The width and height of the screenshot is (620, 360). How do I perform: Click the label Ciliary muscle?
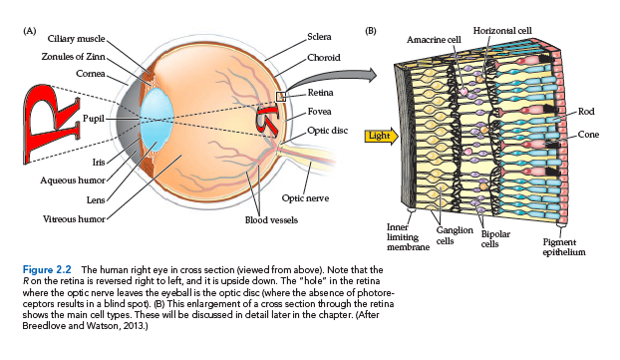77,38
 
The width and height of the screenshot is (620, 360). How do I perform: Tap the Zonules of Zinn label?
73,57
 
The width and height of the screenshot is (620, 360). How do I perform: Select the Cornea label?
91,74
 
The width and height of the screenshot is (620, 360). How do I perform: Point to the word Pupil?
94,119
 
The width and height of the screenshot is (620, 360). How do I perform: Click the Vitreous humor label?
74,218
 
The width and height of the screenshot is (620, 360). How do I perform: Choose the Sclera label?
320,37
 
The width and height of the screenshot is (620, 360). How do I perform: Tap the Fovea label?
320,112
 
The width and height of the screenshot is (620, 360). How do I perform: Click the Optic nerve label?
305,198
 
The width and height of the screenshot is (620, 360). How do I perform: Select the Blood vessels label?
271,220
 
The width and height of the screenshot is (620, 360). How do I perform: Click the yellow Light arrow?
381,136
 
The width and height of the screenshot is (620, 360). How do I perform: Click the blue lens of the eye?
156,120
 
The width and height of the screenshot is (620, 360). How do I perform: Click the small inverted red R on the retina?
267,118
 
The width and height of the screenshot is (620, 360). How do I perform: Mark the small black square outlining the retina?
281,97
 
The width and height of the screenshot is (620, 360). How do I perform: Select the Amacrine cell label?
434,40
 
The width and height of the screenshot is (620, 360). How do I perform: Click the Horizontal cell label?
502,31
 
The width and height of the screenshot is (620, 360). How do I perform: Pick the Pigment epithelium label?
564,247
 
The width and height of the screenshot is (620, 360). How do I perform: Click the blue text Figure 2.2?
47,270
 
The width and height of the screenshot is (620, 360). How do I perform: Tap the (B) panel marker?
371,31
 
